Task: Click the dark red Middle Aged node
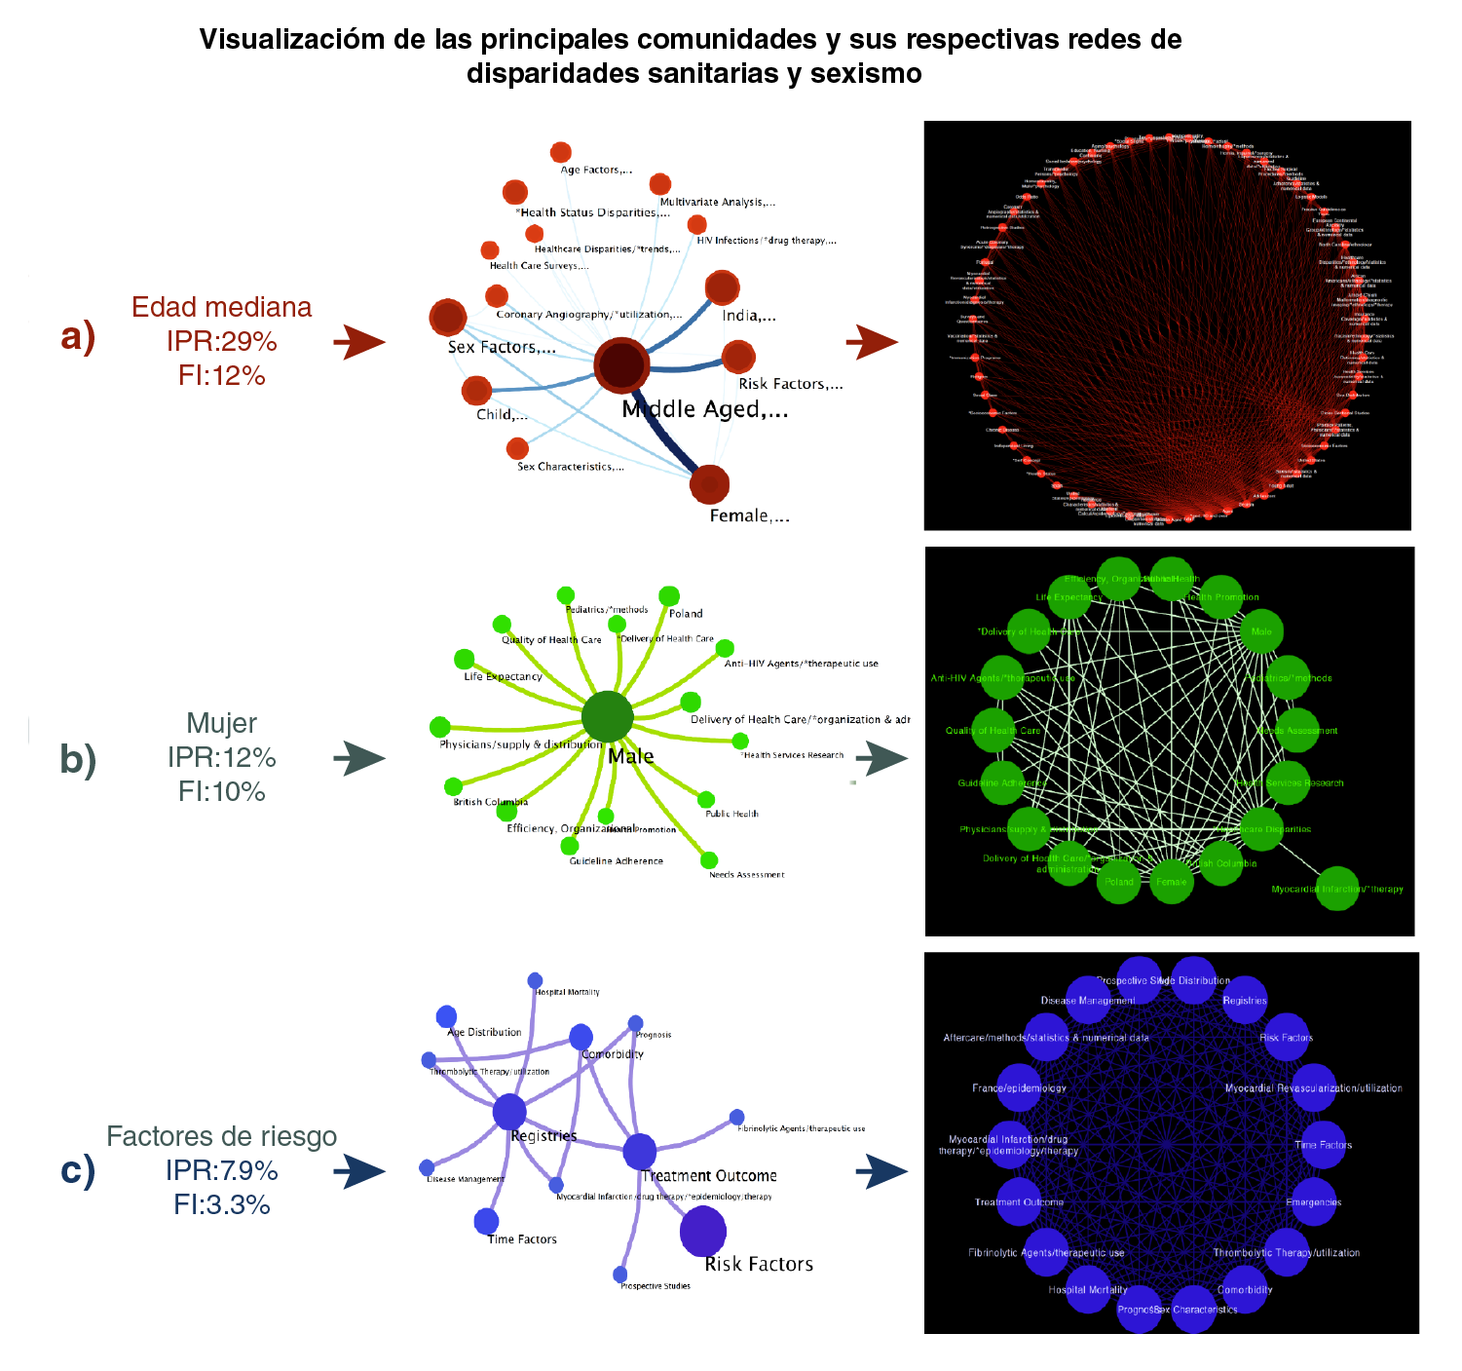coord(621,365)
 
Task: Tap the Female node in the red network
coord(709,484)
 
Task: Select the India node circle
coord(722,288)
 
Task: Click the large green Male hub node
coord(607,718)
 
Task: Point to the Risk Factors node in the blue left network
coord(702,1231)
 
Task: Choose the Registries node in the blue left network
coord(509,1111)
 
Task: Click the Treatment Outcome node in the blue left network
coord(639,1152)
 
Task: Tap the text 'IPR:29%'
coord(222,341)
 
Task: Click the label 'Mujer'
coord(222,723)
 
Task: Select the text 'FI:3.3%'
coord(222,1204)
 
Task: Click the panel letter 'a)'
coord(78,336)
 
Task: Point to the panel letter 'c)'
coord(78,1169)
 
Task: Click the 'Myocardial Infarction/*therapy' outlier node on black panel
coord(1337,888)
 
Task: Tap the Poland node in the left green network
coord(669,596)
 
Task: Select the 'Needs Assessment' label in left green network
coord(746,875)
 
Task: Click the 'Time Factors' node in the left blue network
coord(486,1221)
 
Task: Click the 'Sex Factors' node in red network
coord(448,318)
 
